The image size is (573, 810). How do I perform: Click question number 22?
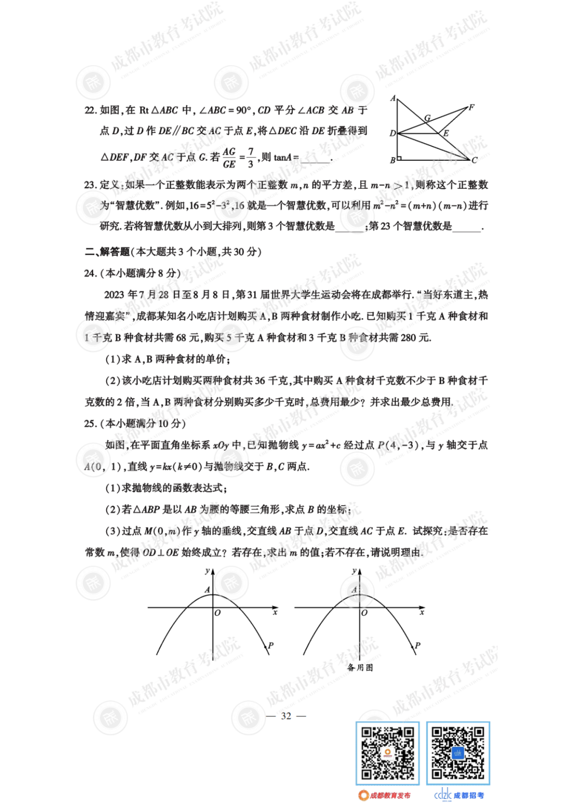coord(90,110)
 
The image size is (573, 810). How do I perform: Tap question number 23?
coord(90,185)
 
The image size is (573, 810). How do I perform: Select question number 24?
coord(90,273)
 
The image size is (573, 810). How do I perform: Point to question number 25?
coord(90,424)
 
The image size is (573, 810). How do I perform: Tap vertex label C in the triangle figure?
coord(474,160)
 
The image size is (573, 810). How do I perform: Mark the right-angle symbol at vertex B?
coord(399,158)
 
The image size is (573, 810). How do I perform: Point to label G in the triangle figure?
coord(427,118)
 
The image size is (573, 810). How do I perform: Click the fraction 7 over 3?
coord(250,158)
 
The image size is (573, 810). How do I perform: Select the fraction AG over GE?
coord(229,158)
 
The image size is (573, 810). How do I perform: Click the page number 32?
coord(286,716)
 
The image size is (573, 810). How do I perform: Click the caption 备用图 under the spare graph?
coord(360,667)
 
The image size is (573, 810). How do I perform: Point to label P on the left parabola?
coord(271,646)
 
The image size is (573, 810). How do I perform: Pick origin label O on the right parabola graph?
coord(364,613)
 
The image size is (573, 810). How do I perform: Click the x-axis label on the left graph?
coord(275,612)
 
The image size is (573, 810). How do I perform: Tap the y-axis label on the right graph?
coord(354,571)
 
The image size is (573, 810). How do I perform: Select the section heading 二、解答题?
coord(107,252)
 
